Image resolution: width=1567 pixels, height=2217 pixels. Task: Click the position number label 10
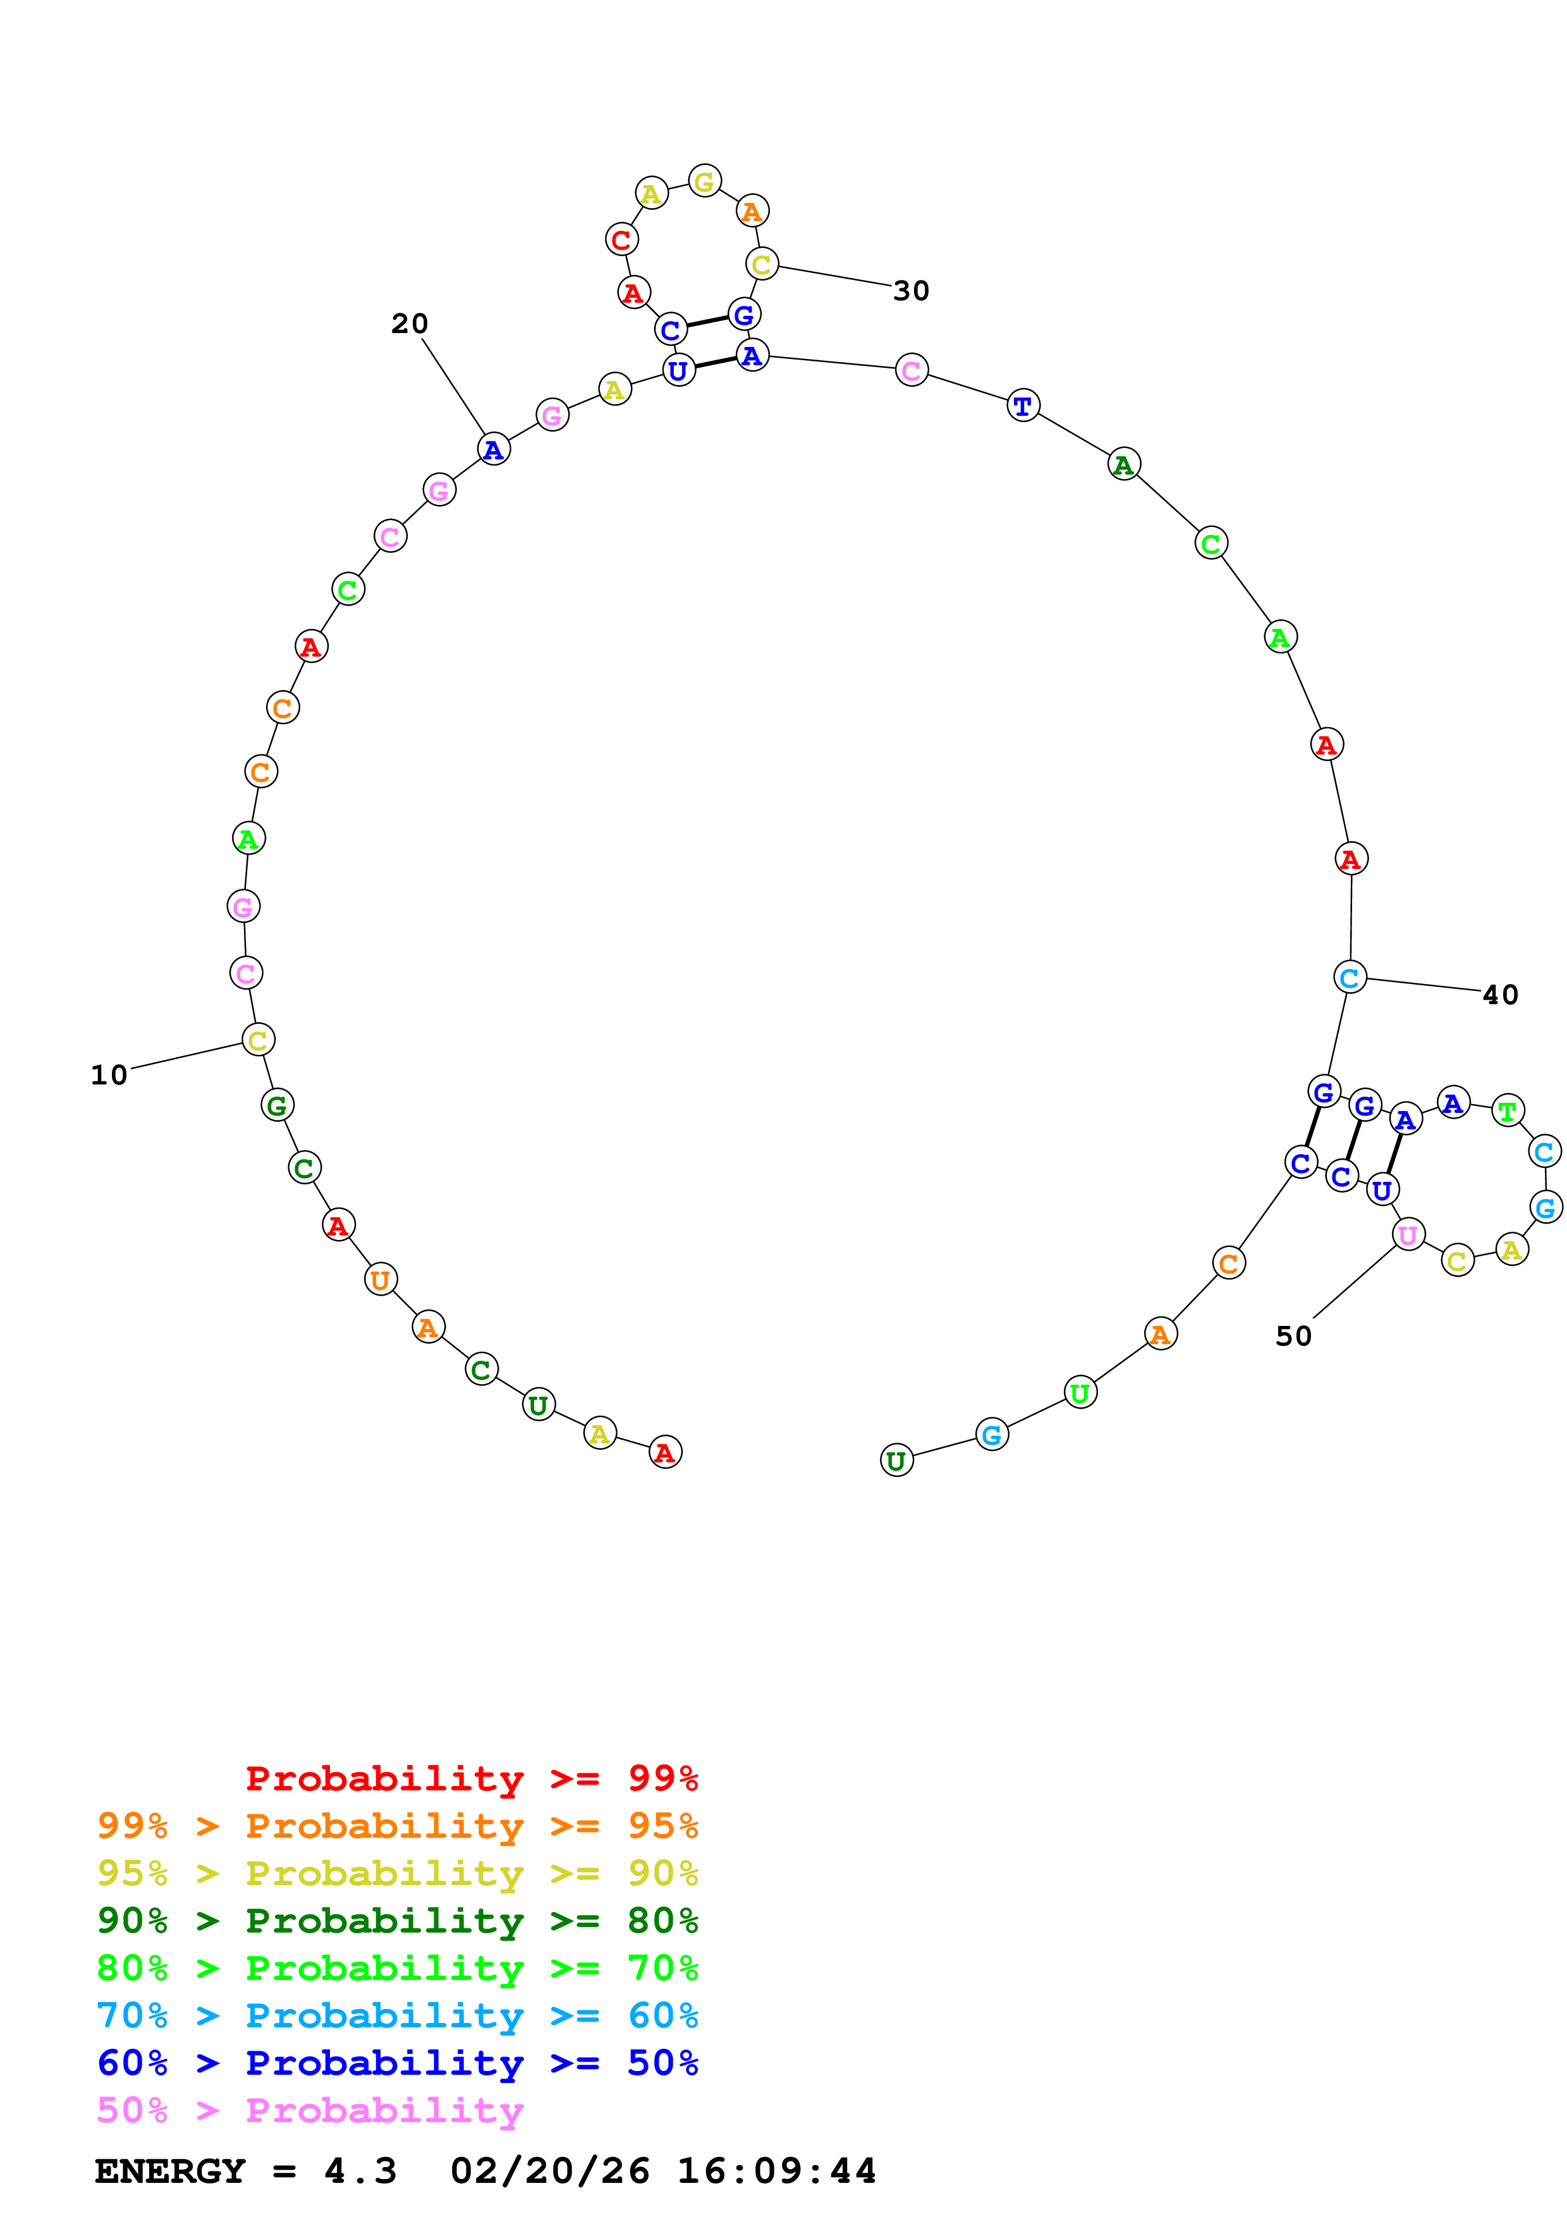[109, 1076]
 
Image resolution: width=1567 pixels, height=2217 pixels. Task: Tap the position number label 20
[410, 324]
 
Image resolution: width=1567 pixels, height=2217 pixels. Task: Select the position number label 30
[910, 291]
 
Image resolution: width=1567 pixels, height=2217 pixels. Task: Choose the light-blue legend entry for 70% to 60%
[397, 2016]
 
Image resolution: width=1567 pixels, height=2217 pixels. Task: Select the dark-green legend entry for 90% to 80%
[397, 1921]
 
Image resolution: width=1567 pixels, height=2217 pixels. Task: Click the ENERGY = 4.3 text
[245, 2171]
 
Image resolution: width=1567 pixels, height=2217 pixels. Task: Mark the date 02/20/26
[549, 2171]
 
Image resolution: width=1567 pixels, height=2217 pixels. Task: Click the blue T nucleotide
[1023, 406]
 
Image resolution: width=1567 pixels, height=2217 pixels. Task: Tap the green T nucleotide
[1507, 1112]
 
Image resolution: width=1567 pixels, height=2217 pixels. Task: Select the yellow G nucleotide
[705, 181]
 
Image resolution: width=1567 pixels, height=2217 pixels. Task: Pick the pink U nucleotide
[1408, 1234]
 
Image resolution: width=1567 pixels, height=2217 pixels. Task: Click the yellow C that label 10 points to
[258, 1040]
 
